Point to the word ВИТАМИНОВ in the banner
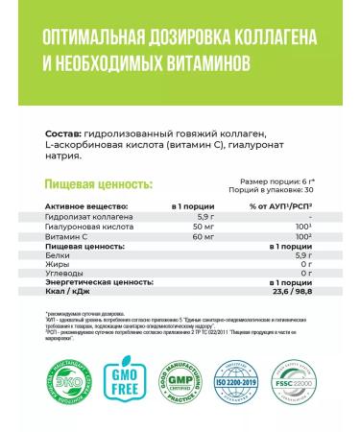[194, 62]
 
